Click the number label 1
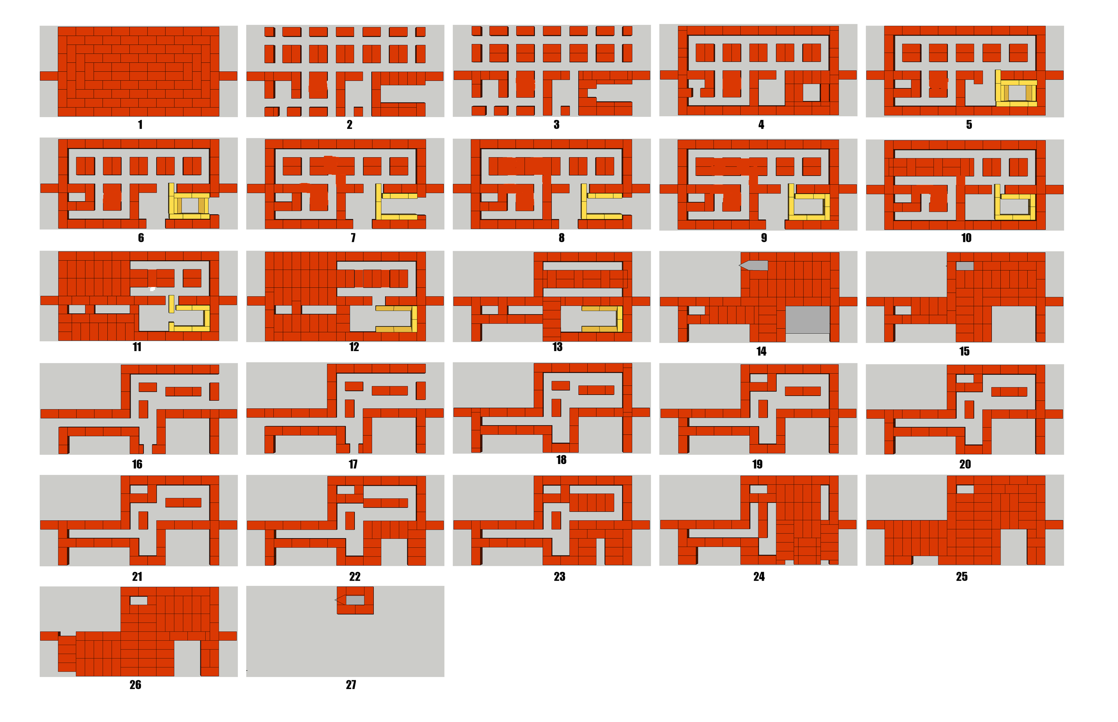(140, 125)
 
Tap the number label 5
(969, 125)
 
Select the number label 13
(557, 347)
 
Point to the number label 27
(351, 685)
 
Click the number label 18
(561, 460)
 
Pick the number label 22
(354, 577)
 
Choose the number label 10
(966, 238)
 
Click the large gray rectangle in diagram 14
(807, 320)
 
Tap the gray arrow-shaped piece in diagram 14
(753, 265)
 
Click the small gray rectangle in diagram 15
(964, 266)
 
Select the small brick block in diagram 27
(355, 600)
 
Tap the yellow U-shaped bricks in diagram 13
(620, 319)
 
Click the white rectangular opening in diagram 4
(811, 92)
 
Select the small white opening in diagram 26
(138, 600)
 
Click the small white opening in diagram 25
(965, 489)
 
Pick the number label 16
(137, 464)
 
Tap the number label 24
(759, 577)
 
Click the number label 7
(353, 238)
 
